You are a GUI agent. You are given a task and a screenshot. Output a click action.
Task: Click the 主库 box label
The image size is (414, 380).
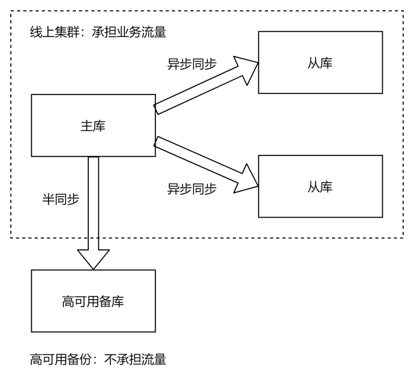[x=93, y=126]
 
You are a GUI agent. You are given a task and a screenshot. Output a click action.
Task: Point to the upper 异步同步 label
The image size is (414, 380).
[x=192, y=64]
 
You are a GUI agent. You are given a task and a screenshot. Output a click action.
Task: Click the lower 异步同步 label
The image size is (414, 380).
[x=192, y=189]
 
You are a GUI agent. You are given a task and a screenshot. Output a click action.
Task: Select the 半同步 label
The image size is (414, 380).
[x=61, y=199]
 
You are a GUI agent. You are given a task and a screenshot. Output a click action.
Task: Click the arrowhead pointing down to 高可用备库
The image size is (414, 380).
[x=93, y=259]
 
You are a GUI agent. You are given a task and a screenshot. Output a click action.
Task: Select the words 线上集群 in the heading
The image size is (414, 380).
[x=55, y=32]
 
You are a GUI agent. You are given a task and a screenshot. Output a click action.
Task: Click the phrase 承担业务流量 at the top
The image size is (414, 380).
[x=129, y=32]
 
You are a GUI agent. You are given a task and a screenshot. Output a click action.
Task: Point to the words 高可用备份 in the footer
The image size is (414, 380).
[x=61, y=360]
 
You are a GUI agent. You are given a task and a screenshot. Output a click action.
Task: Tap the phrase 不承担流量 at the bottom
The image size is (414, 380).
[x=135, y=360]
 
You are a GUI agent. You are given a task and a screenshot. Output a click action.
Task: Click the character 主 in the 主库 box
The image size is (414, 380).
[x=87, y=126]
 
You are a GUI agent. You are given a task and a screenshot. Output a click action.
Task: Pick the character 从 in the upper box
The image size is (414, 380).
[x=314, y=63]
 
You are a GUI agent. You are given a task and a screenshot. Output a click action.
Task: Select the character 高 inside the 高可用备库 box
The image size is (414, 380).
[x=68, y=301]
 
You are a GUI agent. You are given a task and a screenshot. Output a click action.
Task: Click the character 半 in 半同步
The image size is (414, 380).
[x=49, y=199]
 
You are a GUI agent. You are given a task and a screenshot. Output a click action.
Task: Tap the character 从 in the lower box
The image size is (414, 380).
[x=314, y=187]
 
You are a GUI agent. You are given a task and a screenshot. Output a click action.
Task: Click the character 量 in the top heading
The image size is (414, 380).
[x=160, y=32]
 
